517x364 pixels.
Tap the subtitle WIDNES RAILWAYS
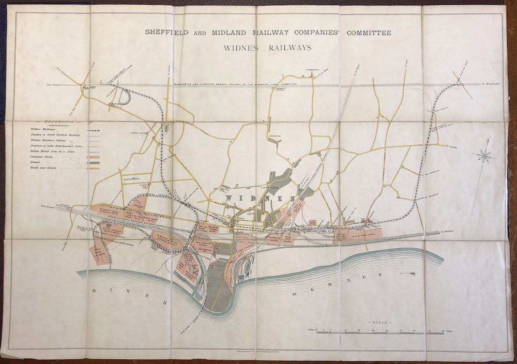pyautogui.click(x=267, y=48)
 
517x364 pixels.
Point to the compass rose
pyautogui.click(x=484, y=155)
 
